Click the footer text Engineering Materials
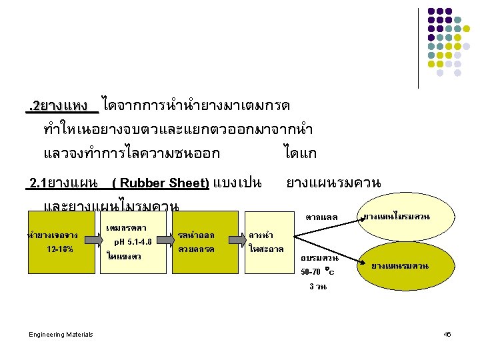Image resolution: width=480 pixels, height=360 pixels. [61, 334]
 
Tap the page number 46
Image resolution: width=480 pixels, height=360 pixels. [447, 334]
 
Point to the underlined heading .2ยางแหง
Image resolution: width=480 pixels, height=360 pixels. [61, 105]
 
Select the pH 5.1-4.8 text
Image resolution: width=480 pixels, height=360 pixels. [133, 242]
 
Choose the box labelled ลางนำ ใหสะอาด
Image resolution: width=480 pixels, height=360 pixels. [266, 242]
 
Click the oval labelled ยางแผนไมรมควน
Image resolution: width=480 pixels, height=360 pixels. [396, 217]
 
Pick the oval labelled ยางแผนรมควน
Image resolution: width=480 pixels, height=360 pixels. [400, 267]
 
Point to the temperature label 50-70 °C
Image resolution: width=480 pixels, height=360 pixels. [317, 272]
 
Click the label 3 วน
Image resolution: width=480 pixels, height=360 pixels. [317, 287]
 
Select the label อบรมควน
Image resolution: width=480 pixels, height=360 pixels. [319, 258]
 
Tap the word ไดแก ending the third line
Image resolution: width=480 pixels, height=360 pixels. [299, 153]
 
